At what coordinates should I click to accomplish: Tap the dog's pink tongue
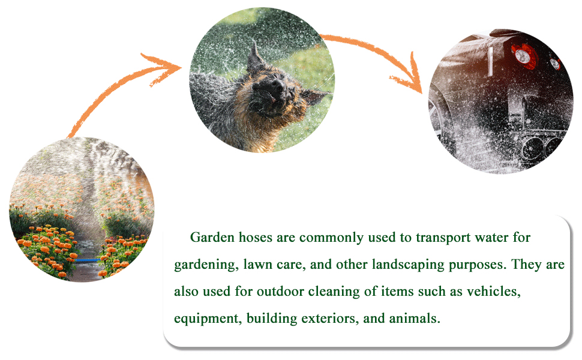point(273,100)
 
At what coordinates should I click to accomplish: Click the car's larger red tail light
point(524,56)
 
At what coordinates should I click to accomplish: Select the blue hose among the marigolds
point(87,260)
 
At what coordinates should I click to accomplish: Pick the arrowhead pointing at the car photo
point(408,76)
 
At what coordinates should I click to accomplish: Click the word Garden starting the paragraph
point(212,237)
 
